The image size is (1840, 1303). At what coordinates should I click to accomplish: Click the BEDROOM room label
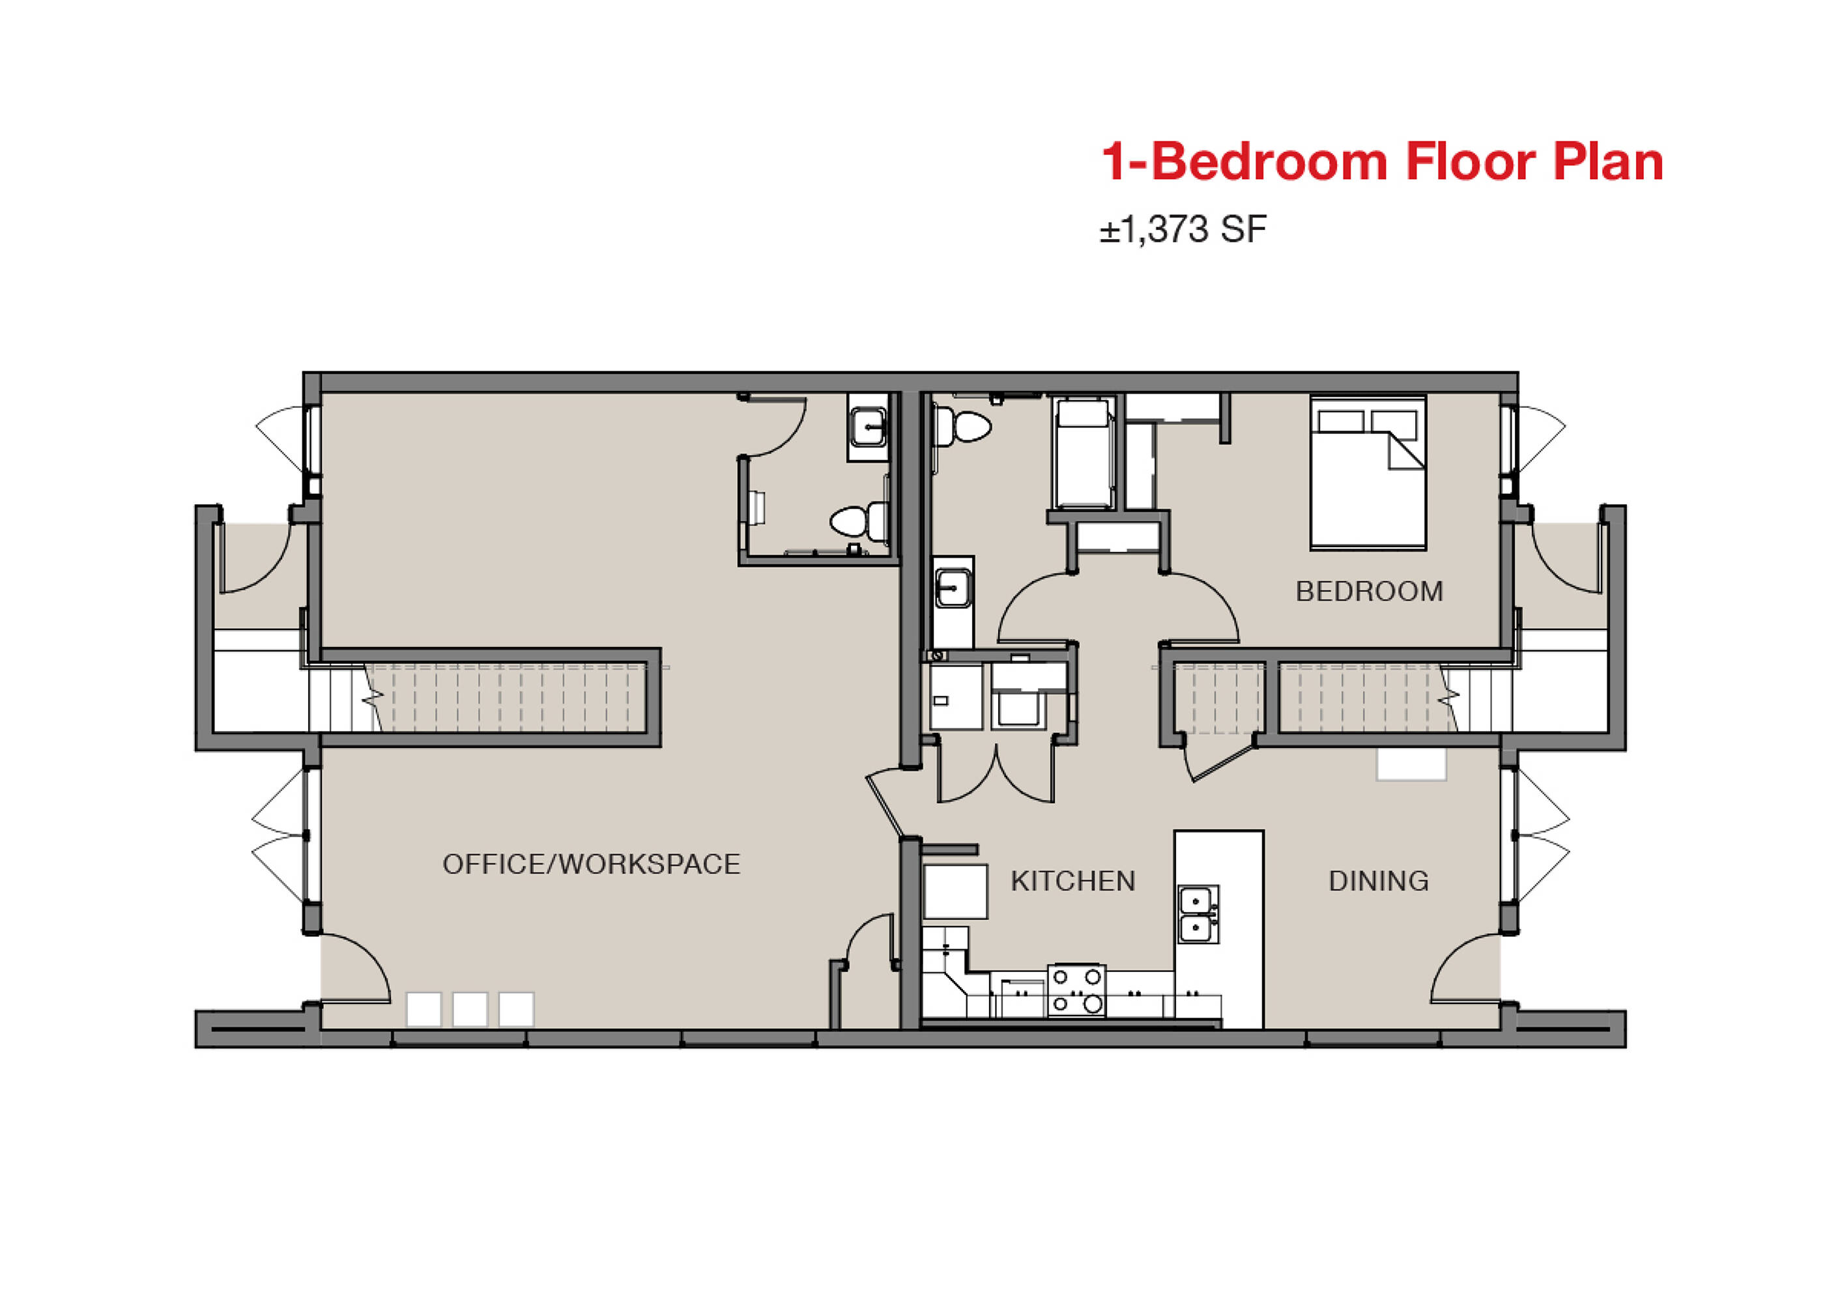(x=1369, y=592)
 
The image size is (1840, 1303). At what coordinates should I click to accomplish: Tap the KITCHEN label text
(x=1073, y=881)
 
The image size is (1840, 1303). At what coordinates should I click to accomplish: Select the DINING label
(x=1379, y=881)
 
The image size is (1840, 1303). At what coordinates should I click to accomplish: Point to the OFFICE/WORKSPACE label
(x=592, y=864)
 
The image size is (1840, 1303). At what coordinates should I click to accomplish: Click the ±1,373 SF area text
(x=1183, y=229)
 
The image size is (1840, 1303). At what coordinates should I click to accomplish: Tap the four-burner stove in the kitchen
(x=1077, y=990)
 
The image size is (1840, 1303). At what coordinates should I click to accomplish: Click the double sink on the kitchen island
(x=1199, y=915)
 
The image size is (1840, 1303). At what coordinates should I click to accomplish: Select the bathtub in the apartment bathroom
(x=1082, y=453)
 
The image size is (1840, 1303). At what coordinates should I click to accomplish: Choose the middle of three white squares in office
(x=469, y=1009)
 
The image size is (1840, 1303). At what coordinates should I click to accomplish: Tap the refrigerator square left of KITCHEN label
(x=955, y=891)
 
